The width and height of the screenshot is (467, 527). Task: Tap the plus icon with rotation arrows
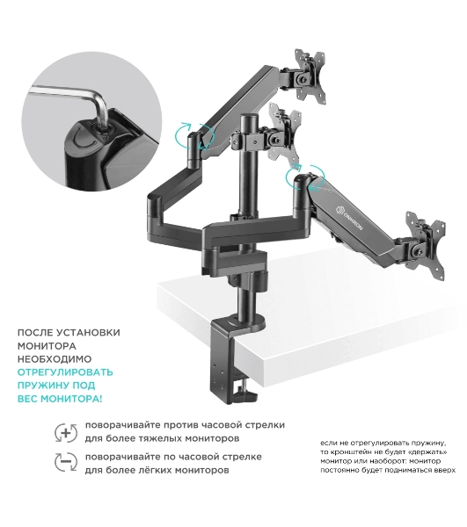66,432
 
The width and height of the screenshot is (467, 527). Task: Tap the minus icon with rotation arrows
66,462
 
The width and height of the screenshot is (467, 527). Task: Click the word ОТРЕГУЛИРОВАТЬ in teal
65,372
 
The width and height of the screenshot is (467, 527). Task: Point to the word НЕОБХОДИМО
55,359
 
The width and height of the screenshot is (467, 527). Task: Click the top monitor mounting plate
310,75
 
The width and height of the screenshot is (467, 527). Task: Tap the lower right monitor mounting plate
426,241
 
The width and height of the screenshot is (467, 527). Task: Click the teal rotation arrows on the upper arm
194,136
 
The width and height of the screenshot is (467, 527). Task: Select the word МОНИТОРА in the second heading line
47,346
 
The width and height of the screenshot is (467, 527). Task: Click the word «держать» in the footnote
428,451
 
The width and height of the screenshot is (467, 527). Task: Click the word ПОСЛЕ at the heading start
35,333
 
